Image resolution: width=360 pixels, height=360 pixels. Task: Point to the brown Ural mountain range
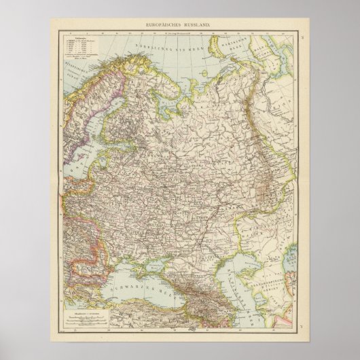point(266,149)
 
